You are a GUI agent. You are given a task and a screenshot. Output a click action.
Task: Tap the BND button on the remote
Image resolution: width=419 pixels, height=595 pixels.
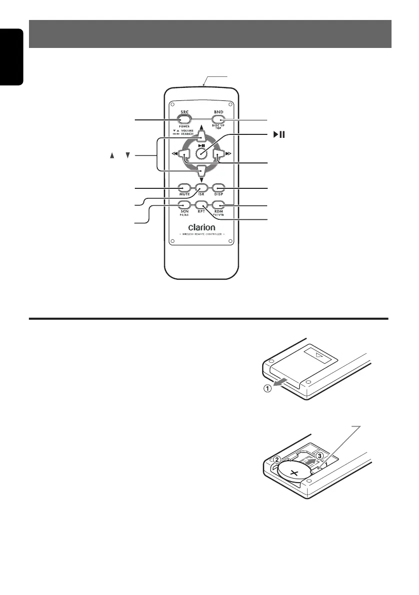click(217, 119)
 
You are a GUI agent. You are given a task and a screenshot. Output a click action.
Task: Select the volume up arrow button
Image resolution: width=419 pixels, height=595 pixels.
click(201, 136)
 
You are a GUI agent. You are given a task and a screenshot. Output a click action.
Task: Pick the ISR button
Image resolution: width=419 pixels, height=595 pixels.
click(201, 188)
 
